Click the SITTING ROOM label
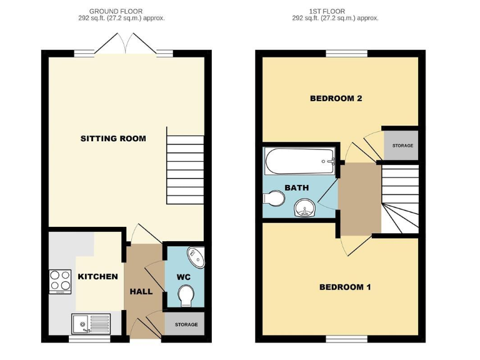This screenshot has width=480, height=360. point(113,138)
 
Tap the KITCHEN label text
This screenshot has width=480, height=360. point(97,276)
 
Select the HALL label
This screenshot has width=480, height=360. point(141,291)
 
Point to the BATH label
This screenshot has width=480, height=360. point(296,187)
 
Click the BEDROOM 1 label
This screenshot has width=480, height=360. point(345,287)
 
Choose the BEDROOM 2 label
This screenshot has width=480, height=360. point(336,98)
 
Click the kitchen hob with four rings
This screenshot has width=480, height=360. point(60,281)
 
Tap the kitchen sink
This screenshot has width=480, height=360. point(91,323)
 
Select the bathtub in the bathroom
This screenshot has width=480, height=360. point(301,162)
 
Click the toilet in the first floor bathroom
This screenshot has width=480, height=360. point(273,199)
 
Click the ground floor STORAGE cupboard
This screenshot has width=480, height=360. point(185,324)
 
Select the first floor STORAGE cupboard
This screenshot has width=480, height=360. point(401,145)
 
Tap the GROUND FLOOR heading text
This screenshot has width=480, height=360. point(116,11)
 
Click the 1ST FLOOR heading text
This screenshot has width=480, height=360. point(335,11)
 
